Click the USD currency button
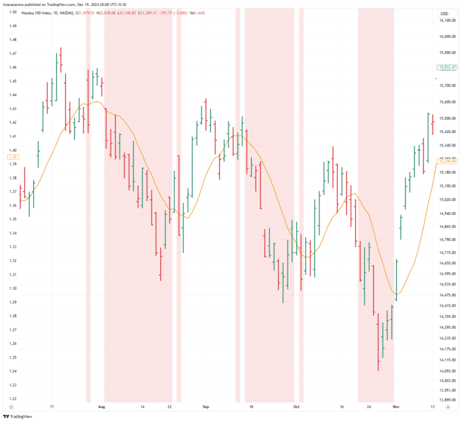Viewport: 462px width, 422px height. pos(445,13)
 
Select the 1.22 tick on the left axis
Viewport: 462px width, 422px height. pos(13,399)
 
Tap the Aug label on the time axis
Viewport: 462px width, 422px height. pos(101,407)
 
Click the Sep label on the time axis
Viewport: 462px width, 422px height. pos(206,407)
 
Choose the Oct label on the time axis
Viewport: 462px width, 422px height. pos(296,407)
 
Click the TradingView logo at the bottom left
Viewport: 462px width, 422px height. pos(17,416)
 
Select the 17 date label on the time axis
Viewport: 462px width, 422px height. pos(53,407)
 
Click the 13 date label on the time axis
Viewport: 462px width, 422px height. pos(432,407)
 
